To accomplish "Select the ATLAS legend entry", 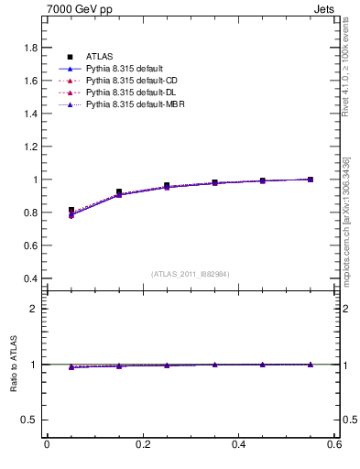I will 98,57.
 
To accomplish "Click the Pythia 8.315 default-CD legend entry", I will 125,82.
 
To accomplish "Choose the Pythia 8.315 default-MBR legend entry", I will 127,105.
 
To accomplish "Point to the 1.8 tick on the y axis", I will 31,48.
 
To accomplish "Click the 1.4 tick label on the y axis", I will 31,114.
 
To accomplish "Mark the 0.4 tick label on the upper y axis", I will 31,278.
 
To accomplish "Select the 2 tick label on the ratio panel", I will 36,309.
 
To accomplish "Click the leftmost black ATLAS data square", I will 71,211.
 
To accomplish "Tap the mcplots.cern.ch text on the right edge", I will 346,220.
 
